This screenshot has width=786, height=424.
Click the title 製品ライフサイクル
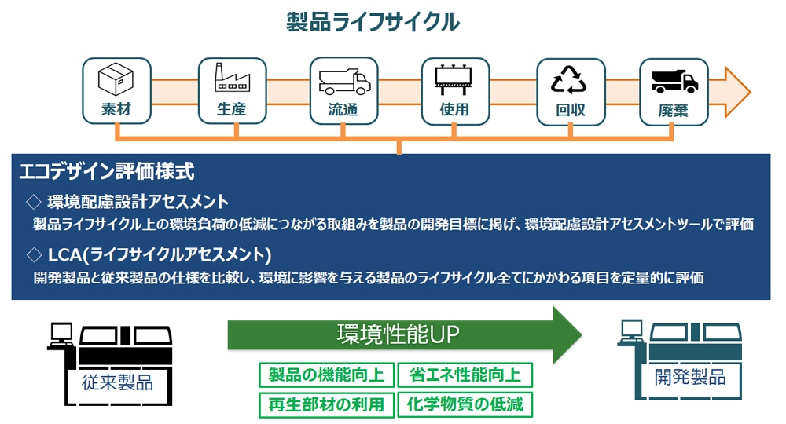(373, 22)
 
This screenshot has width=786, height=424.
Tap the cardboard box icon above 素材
(116, 79)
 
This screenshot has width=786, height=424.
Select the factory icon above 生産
(231, 79)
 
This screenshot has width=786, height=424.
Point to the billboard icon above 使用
(455, 79)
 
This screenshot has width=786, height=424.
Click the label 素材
(116, 110)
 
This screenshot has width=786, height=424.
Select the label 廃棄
(674, 110)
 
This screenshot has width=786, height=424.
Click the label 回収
(570, 110)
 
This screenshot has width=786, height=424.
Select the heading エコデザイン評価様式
(106, 170)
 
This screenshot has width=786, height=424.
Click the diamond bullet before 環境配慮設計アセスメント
(33, 201)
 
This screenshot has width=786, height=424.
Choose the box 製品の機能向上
(326, 375)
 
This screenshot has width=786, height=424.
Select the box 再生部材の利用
(326, 404)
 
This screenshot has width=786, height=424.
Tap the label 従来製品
(117, 382)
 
